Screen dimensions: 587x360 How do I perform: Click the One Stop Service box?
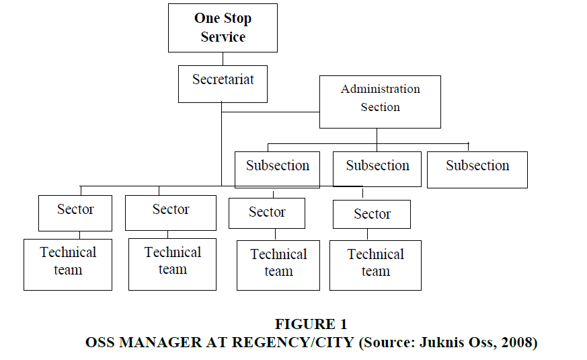(x=223, y=28)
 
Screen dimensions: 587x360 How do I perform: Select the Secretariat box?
(x=223, y=84)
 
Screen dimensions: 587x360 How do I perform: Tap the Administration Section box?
(x=380, y=102)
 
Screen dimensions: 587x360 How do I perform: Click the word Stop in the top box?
(x=238, y=19)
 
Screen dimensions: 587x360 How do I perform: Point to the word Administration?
(x=381, y=89)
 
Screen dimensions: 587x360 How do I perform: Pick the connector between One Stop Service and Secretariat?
(x=223, y=59)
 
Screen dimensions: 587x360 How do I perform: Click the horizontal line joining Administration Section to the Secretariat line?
(x=270, y=112)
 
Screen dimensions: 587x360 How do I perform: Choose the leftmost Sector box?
(x=75, y=213)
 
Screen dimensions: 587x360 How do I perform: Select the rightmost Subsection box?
(x=477, y=170)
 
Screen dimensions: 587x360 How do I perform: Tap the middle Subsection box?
(x=377, y=169)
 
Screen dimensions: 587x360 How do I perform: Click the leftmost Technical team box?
(x=68, y=264)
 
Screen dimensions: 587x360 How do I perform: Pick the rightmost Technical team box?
(x=375, y=265)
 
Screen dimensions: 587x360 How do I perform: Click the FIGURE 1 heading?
(x=311, y=324)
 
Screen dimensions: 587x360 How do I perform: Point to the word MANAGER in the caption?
(x=161, y=343)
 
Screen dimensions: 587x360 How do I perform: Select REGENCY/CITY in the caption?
(x=292, y=343)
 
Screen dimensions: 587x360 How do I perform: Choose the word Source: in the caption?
(x=387, y=343)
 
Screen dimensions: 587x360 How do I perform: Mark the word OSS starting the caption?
(x=100, y=343)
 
